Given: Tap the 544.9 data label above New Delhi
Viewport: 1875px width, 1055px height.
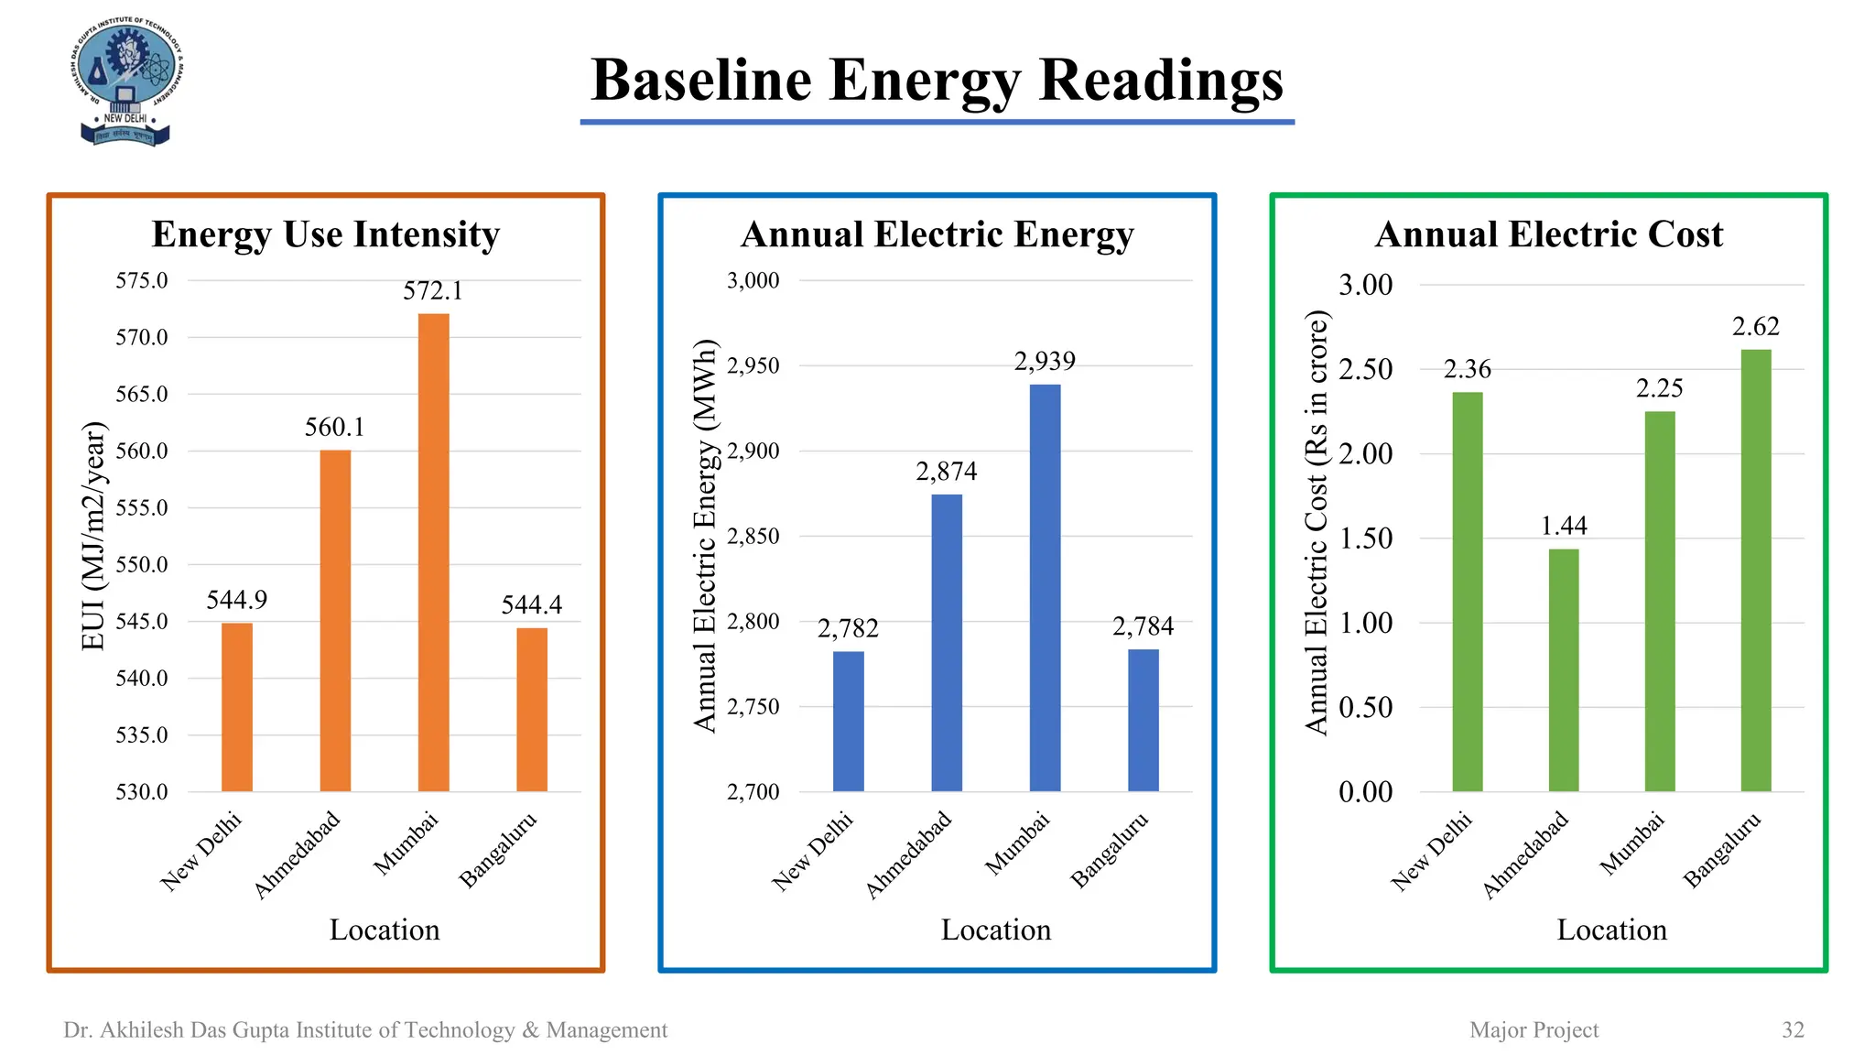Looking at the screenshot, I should click(x=236, y=600).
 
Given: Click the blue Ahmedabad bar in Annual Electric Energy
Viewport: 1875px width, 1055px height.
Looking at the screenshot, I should click(x=947, y=642).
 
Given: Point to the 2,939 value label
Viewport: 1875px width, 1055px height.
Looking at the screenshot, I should click(x=1045, y=362).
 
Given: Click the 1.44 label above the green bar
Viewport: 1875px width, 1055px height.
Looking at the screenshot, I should click(x=1564, y=526).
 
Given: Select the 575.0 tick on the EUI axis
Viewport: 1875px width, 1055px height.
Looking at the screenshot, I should click(x=142, y=280).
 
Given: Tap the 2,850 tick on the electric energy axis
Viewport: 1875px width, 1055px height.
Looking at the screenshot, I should click(x=753, y=536).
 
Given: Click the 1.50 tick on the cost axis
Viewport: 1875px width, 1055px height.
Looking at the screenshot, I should click(x=1365, y=538).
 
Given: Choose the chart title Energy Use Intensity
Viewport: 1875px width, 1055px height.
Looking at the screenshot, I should click(x=326, y=234).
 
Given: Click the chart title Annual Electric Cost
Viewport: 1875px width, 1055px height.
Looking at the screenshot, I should click(x=1548, y=234).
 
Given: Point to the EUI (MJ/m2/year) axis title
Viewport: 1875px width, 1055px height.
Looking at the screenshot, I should click(x=93, y=536).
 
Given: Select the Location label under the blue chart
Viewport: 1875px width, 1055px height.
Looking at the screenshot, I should click(x=996, y=930).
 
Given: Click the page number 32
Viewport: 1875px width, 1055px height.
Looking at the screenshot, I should click(x=1793, y=1029).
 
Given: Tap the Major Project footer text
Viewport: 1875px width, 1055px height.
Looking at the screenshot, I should click(x=1534, y=1029).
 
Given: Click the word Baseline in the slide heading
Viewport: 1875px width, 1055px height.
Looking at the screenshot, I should click(x=701, y=80).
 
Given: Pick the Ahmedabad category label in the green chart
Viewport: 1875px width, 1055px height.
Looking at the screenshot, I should click(x=1526, y=854).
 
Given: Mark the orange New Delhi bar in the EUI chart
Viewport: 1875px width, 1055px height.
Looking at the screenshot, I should click(x=237, y=707).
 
